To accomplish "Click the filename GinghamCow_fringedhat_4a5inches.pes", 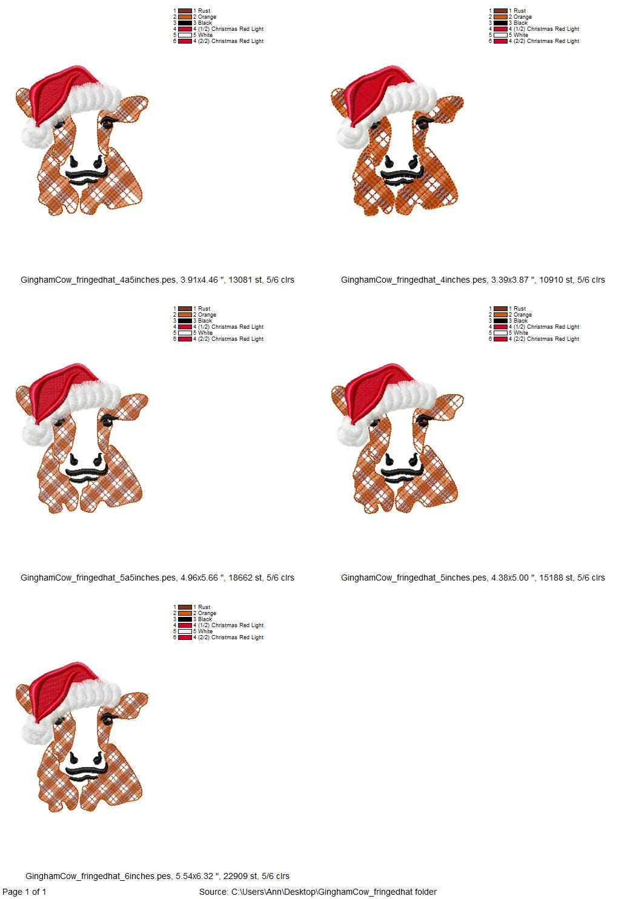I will pyautogui.click(x=98, y=280).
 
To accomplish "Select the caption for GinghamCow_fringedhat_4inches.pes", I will pyautogui.click(x=472, y=280).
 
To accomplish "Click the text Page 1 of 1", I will pyautogui.click(x=24, y=892).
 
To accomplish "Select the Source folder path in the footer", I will pyautogui.click(x=317, y=892).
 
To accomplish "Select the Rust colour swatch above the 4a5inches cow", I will pyautogui.click(x=185, y=11).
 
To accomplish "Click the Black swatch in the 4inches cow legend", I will pyautogui.click(x=500, y=23).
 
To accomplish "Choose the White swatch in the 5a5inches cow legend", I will pyautogui.click(x=185, y=333).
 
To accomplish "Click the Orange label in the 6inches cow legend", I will pyautogui.click(x=207, y=613).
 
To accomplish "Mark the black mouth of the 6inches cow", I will pyautogui.click(x=86, y=771).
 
